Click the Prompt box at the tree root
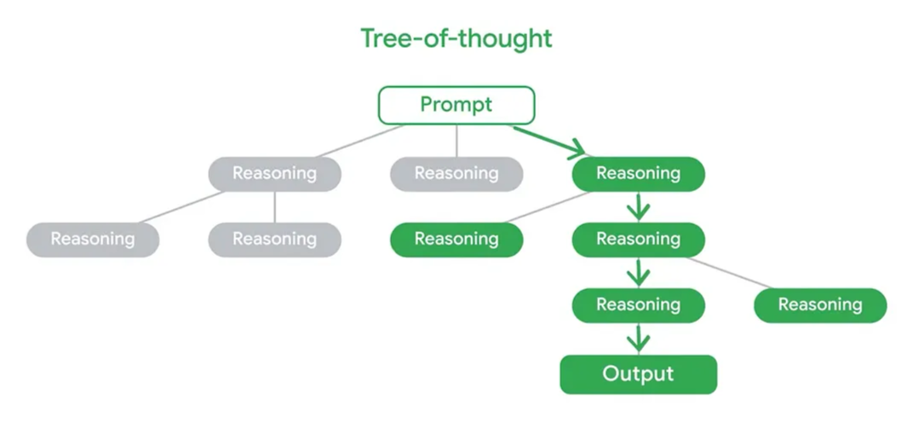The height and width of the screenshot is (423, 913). pyautogui.click(x=456, y=105)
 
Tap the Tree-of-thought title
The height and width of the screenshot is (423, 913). pyautogui.click(x=456, y=38)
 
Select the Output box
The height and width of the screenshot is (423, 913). pyautogui.click(x=638, y=374)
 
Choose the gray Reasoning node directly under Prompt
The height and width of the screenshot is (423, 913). pyautogui.click(x=456, y=174)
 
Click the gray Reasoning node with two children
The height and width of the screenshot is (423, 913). pyautogui.click(x=274, y=174)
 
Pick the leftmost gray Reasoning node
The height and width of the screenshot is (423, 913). pyautogui.click(x=92, y=240)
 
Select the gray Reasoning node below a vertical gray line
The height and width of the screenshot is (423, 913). pyautogui.click(x=274, y=240)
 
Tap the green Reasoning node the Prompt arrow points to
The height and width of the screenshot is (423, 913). pyautogui.click(x=638, y=174)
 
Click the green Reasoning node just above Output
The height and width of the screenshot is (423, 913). pyautogui.click(x=638, y=305)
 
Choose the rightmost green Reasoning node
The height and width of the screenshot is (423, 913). pyautogui.click(x=819, y=305)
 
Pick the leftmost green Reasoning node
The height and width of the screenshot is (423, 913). pyautogui.click(x=456, y=240)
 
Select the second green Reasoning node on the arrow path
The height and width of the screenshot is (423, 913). pyautogui.click(x=638, y=240)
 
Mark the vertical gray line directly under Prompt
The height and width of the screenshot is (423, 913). pyautogui.click(x=456, y=141)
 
